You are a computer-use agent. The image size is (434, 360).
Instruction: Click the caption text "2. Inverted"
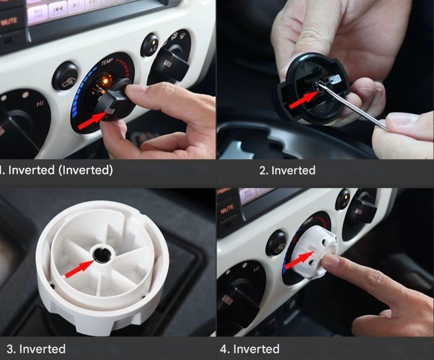click(287, 170)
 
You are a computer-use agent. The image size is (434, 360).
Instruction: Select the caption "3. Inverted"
click(36, 349)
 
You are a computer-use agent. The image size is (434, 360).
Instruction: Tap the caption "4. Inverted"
click(250, 349)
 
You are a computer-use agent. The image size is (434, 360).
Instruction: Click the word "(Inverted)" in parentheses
click(85, 170)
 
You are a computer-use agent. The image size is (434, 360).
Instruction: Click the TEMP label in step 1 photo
click(107, 62)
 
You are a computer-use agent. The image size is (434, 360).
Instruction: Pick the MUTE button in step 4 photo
click(227, 208)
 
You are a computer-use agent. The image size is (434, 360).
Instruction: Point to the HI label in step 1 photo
click(40, 104)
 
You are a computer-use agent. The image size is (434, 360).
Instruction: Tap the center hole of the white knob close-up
click(102, 254)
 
